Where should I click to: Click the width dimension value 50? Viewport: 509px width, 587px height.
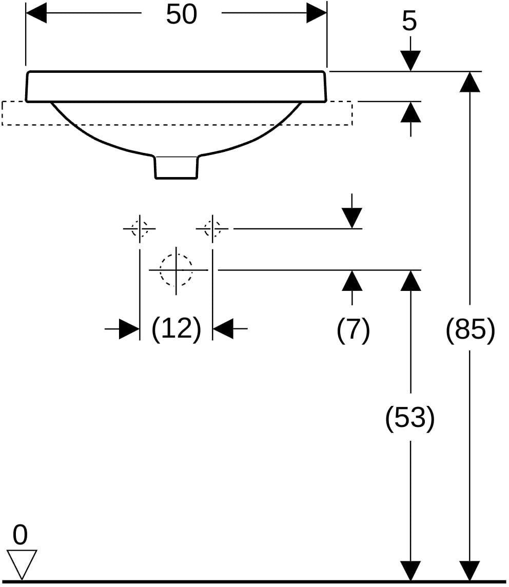tap(182, 15)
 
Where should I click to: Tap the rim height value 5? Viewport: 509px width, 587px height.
tap(409, 22)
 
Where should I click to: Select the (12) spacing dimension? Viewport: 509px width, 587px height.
tap(177, 329)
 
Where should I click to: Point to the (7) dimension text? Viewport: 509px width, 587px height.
tap(354, 330)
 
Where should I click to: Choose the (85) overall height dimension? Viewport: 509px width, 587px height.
tap(471, 330)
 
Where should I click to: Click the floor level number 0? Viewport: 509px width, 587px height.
tap(20, 535)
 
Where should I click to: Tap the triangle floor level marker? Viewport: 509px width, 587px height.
tap(22, 564)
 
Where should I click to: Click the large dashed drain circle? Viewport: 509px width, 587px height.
tap(176, 269)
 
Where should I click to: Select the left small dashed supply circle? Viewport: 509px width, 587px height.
tap(140, 228)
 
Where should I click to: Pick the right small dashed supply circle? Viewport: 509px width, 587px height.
tap(212, 228)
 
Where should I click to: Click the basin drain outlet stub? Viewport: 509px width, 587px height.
tap(177, 167)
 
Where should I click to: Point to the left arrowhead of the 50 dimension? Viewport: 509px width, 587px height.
tap(36, 13)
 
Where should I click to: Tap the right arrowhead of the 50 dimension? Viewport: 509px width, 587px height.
tap(317, 13)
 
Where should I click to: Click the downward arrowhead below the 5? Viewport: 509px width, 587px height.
tap(410, 61)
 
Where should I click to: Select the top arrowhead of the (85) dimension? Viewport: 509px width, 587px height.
tap(469, 81)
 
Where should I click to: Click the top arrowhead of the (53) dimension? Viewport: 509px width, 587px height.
tap(410, 280)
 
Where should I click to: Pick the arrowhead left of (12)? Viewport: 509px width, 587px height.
tap(129, 329)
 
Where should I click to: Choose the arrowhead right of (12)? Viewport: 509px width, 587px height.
tap(223, 329)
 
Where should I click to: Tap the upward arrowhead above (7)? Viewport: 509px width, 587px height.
tap(352, 280)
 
